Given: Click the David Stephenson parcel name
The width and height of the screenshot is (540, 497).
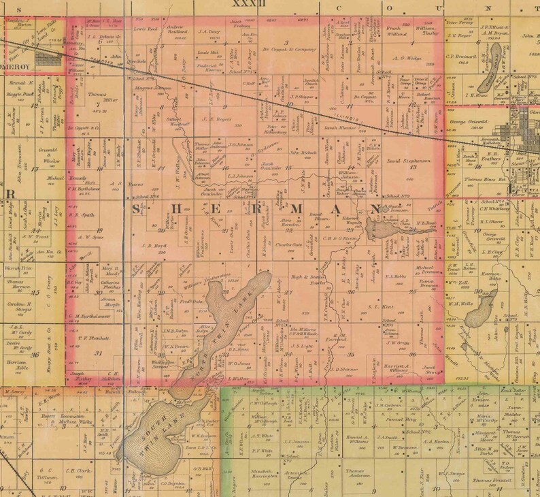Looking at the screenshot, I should (409, 161).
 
